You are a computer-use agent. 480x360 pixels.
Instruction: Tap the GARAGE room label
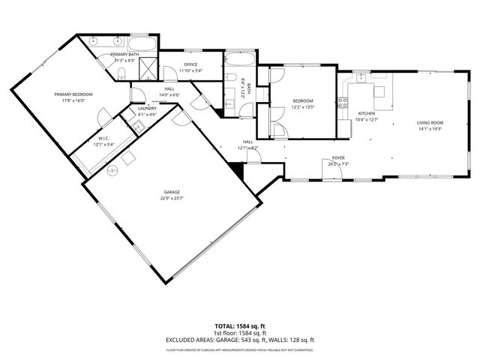171,193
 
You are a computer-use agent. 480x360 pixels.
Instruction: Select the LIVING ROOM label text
430,122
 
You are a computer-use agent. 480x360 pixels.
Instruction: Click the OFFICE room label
190,64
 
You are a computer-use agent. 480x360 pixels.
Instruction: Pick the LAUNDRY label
146,109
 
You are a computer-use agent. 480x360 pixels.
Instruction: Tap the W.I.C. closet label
104,139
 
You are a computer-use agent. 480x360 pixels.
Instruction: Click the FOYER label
338,158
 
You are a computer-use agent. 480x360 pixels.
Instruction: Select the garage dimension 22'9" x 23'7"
171,199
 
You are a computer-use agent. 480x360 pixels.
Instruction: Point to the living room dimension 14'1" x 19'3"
430,128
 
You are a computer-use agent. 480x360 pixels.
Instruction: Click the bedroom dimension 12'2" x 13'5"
302,107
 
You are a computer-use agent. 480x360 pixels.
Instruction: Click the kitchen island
380,91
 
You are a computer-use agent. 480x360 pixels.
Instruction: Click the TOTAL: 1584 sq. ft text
239,326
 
